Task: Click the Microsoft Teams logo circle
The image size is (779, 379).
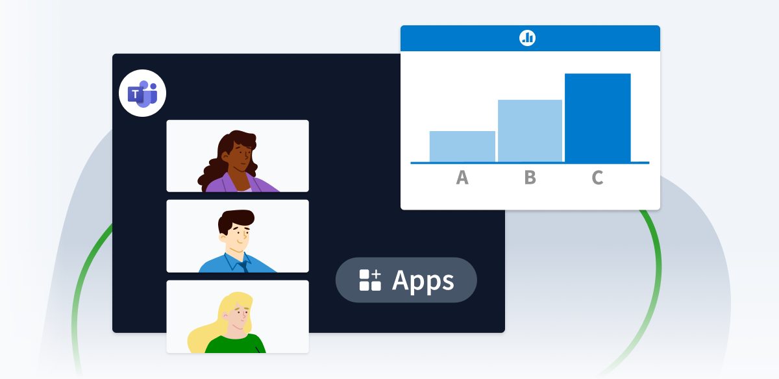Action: (x=143, y=93)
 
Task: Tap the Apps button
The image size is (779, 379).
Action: (x=406, y=280)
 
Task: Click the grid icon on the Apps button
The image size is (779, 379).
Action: (x=370, y=280)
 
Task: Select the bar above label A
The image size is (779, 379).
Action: (x=462, y=147)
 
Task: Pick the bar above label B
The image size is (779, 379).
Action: (x=530, y=130)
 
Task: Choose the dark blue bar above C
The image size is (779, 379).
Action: (x=597, y=117)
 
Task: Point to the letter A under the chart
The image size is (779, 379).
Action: (x=462, y=177)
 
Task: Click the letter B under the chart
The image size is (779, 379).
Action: (x=530, y=177)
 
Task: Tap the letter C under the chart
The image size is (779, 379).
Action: (x=597, y=177)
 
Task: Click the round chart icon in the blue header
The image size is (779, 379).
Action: (x=527, y=38)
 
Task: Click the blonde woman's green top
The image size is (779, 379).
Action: (x=237, y=344)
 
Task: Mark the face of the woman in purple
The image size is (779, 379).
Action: (x=237, y=157)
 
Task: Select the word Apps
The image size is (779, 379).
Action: (x=423, y=280)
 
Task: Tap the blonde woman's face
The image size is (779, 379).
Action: (x=240, y=318)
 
